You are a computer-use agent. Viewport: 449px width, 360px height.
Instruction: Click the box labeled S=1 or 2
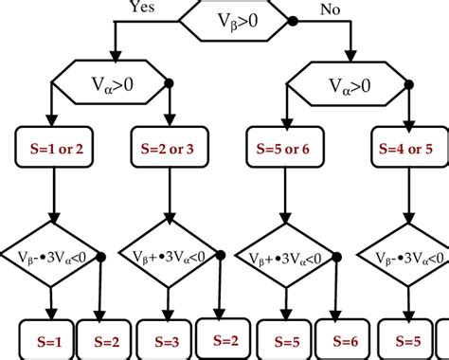54,149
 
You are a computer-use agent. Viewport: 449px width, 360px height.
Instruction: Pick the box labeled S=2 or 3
168,149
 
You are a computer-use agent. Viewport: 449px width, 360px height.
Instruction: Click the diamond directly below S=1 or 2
54,256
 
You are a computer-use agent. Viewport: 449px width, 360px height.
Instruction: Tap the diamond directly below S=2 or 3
168,256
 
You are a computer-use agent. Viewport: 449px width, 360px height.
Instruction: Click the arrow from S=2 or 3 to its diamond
168,194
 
